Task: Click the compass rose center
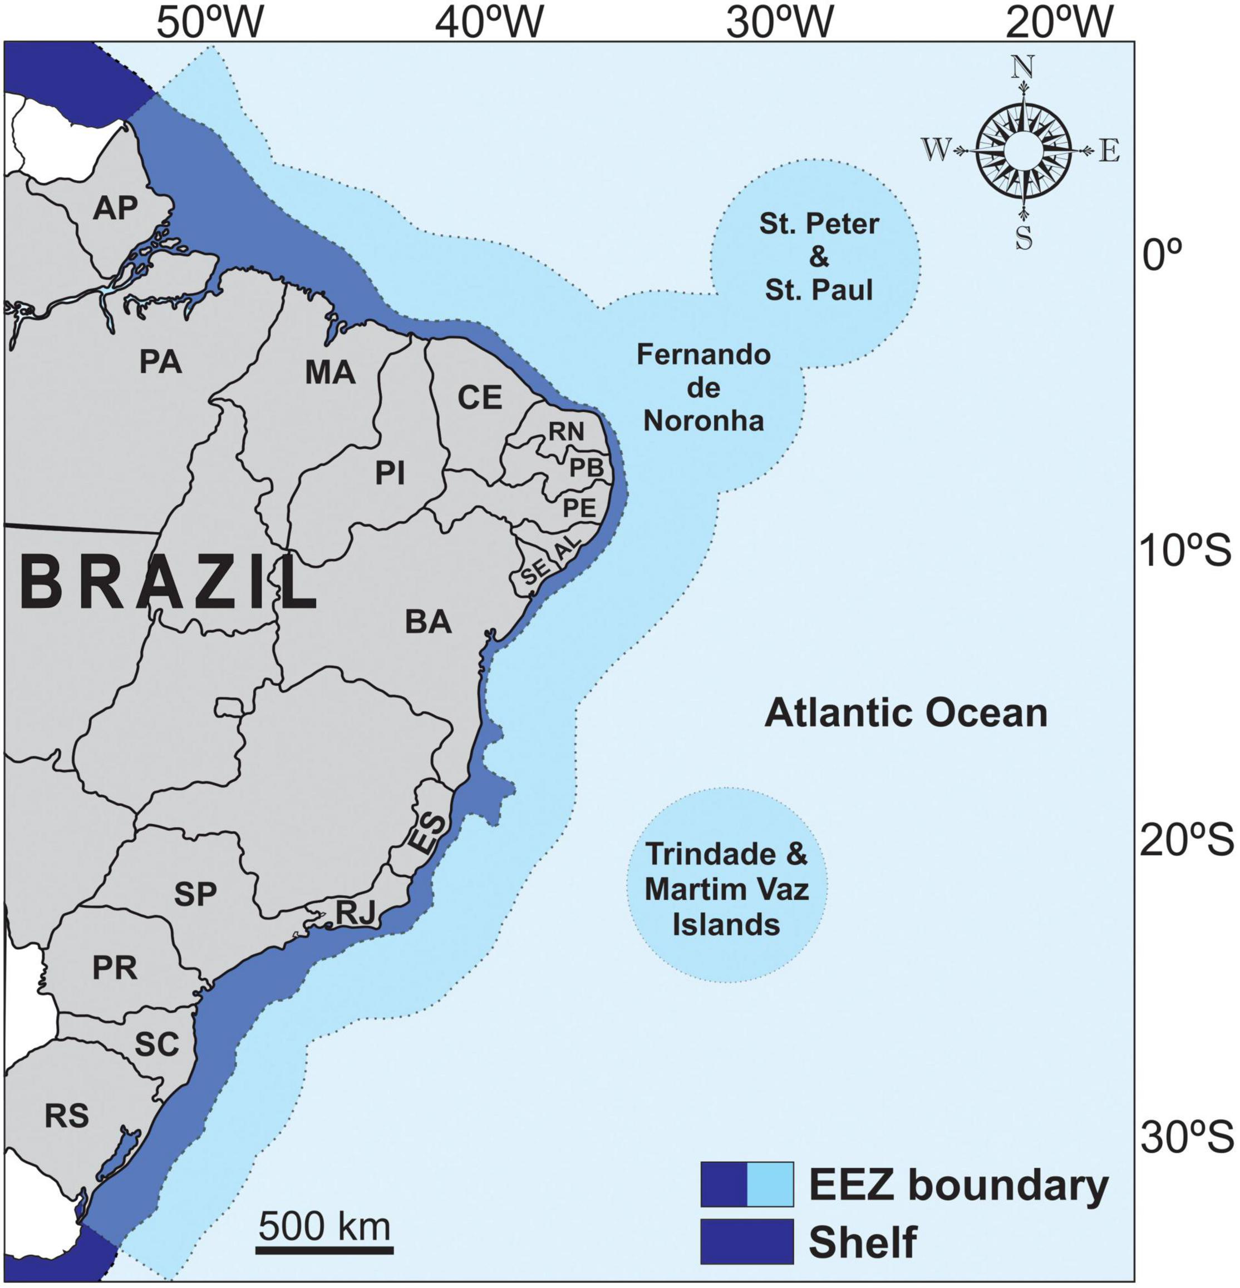(1023, 151)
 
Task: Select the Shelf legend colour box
(746, 1241)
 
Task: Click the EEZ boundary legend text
(958, 1185)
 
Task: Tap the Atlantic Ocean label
(906, 713)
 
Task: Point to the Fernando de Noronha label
(703, 388)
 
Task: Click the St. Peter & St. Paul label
(819, 257)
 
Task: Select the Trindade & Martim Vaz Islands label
(726, 889)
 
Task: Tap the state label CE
(479, 398)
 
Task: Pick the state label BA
(428, 622)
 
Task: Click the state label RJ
(355, 912)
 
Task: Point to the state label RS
(67, 1115)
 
